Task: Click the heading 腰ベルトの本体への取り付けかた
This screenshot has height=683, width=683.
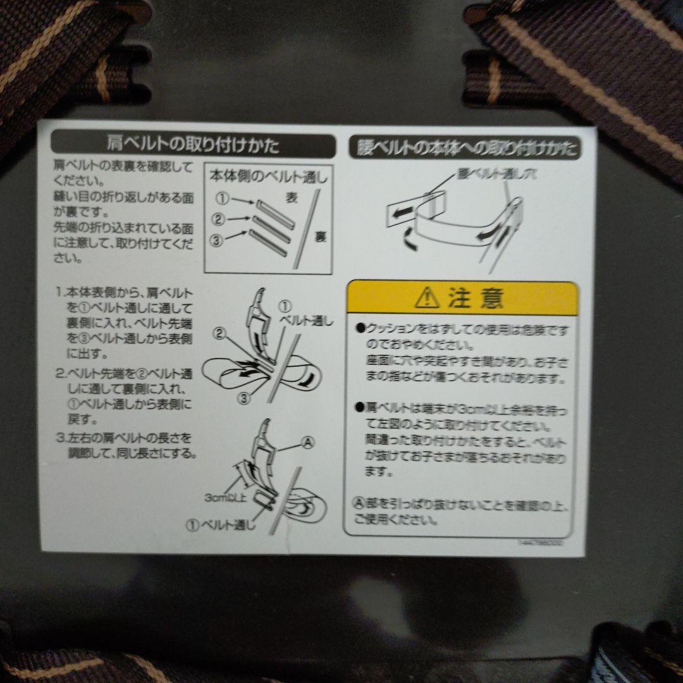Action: [x=463, y=149]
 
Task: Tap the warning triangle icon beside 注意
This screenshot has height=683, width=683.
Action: [x=428, y=297]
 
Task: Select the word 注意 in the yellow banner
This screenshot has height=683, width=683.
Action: [x=476, y=298]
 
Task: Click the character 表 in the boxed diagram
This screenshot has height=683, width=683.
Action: [x=292, y=197]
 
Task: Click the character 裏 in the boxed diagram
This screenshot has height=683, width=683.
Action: [x=321, y=237]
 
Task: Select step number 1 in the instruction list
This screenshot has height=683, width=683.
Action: [x=58, y=293]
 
